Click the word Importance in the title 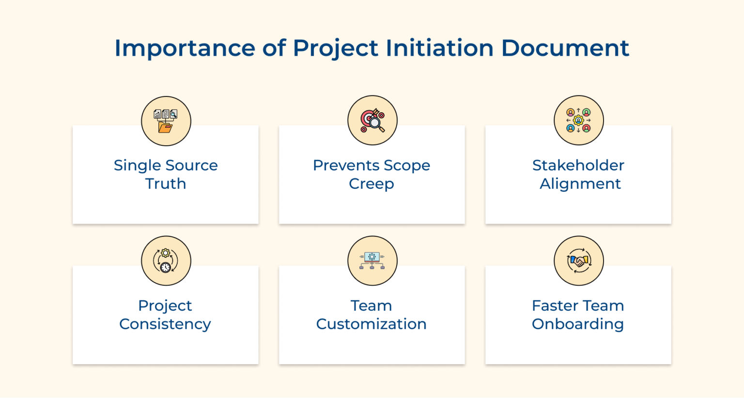tap(185, 48)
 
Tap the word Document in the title tap(565, 48)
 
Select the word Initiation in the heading tap(440, 48)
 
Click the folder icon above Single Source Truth tap(166, 121)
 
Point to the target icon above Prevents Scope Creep tap(372, 120)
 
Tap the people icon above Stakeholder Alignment tap(579, 120)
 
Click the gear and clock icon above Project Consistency tap(165, 261)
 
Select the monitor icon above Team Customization tap(372, 260)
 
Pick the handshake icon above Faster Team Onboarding tap(579, 260)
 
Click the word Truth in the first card tap(165, 184)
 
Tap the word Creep tap(372, 184)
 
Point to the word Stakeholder tap(578, 165)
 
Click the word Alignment tap(580, 184)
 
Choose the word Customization tap(372, 324)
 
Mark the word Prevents tap(345, 165)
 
